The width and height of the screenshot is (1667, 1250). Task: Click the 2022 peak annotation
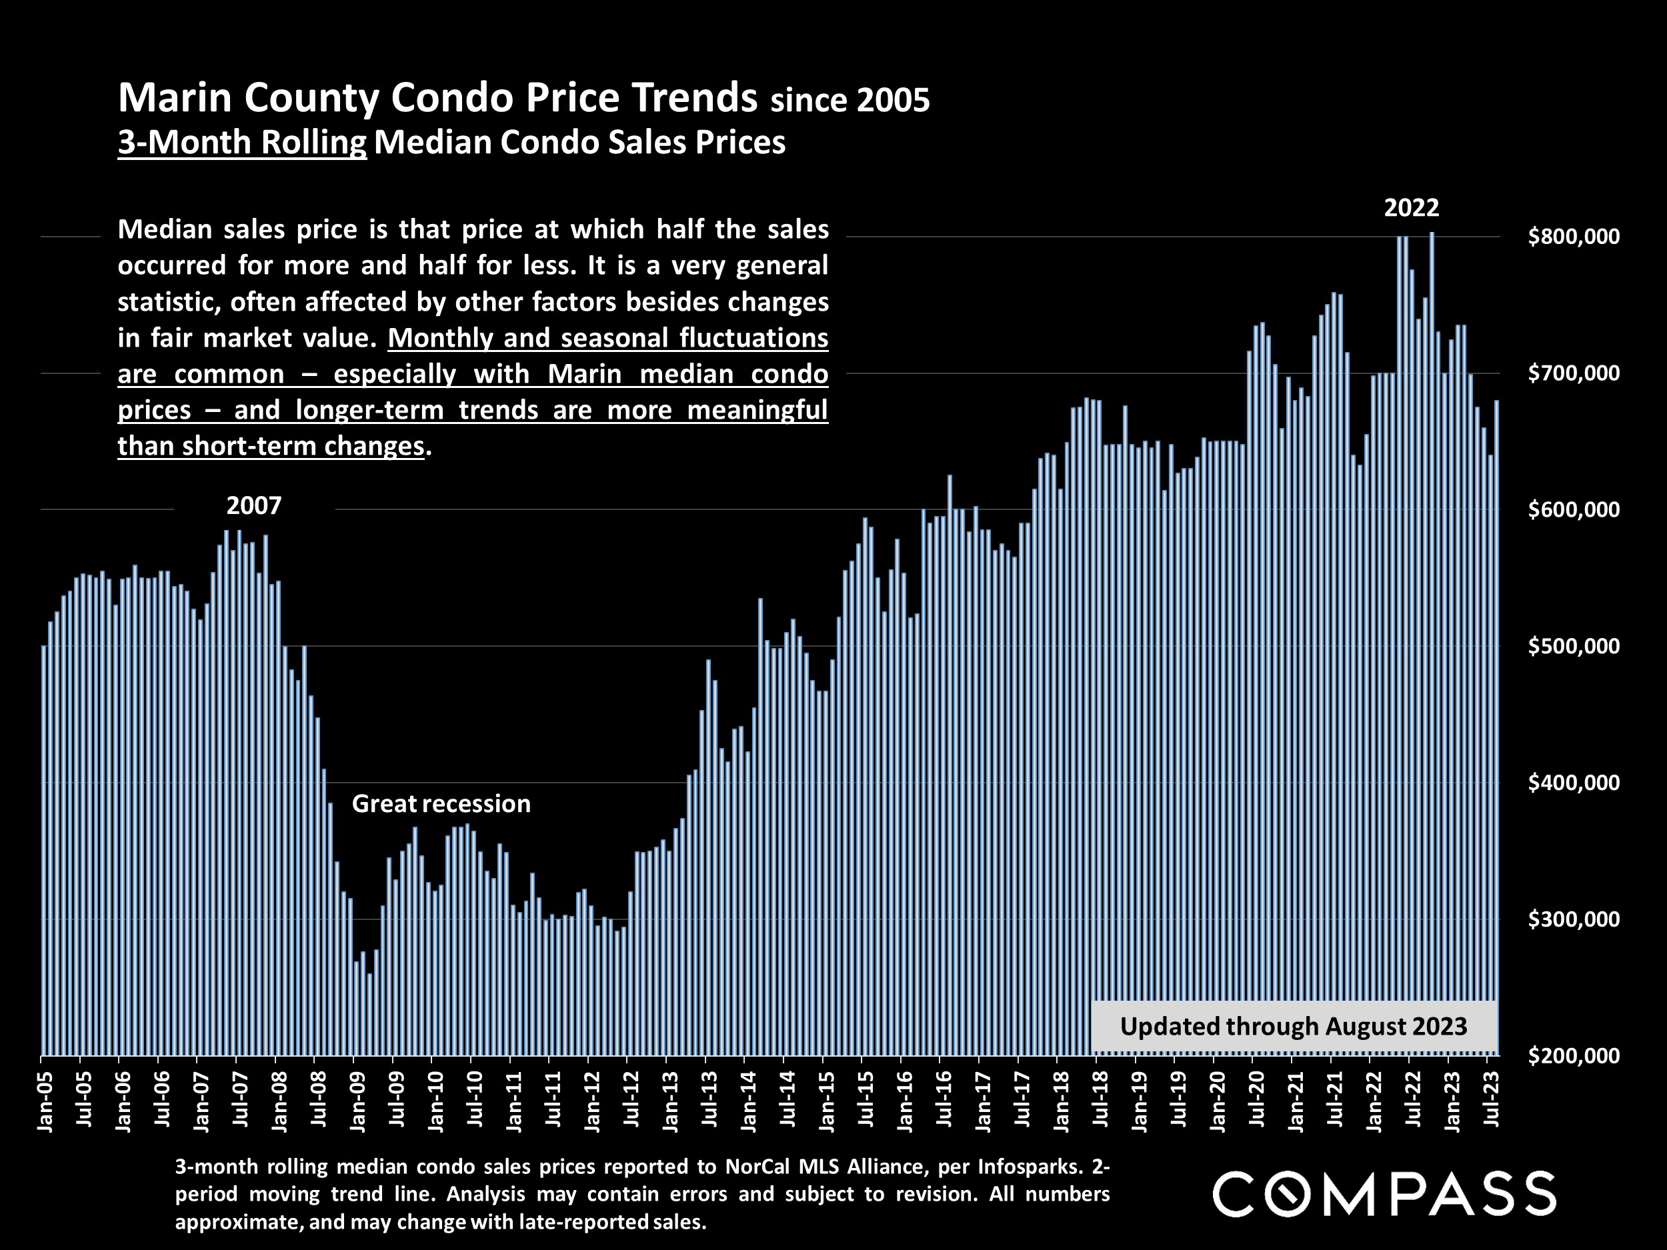tap(1411, 208)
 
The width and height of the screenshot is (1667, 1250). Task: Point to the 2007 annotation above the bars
tap(254, 505)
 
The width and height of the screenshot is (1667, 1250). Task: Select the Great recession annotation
tap(441, 804)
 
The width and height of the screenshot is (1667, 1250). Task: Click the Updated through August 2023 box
tap(1293, 1026)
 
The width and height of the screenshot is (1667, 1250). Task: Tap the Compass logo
tap(1384, 1193)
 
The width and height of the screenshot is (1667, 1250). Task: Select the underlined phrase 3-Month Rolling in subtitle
tap(242, 143)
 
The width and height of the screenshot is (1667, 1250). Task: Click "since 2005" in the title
tap(850, 101)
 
